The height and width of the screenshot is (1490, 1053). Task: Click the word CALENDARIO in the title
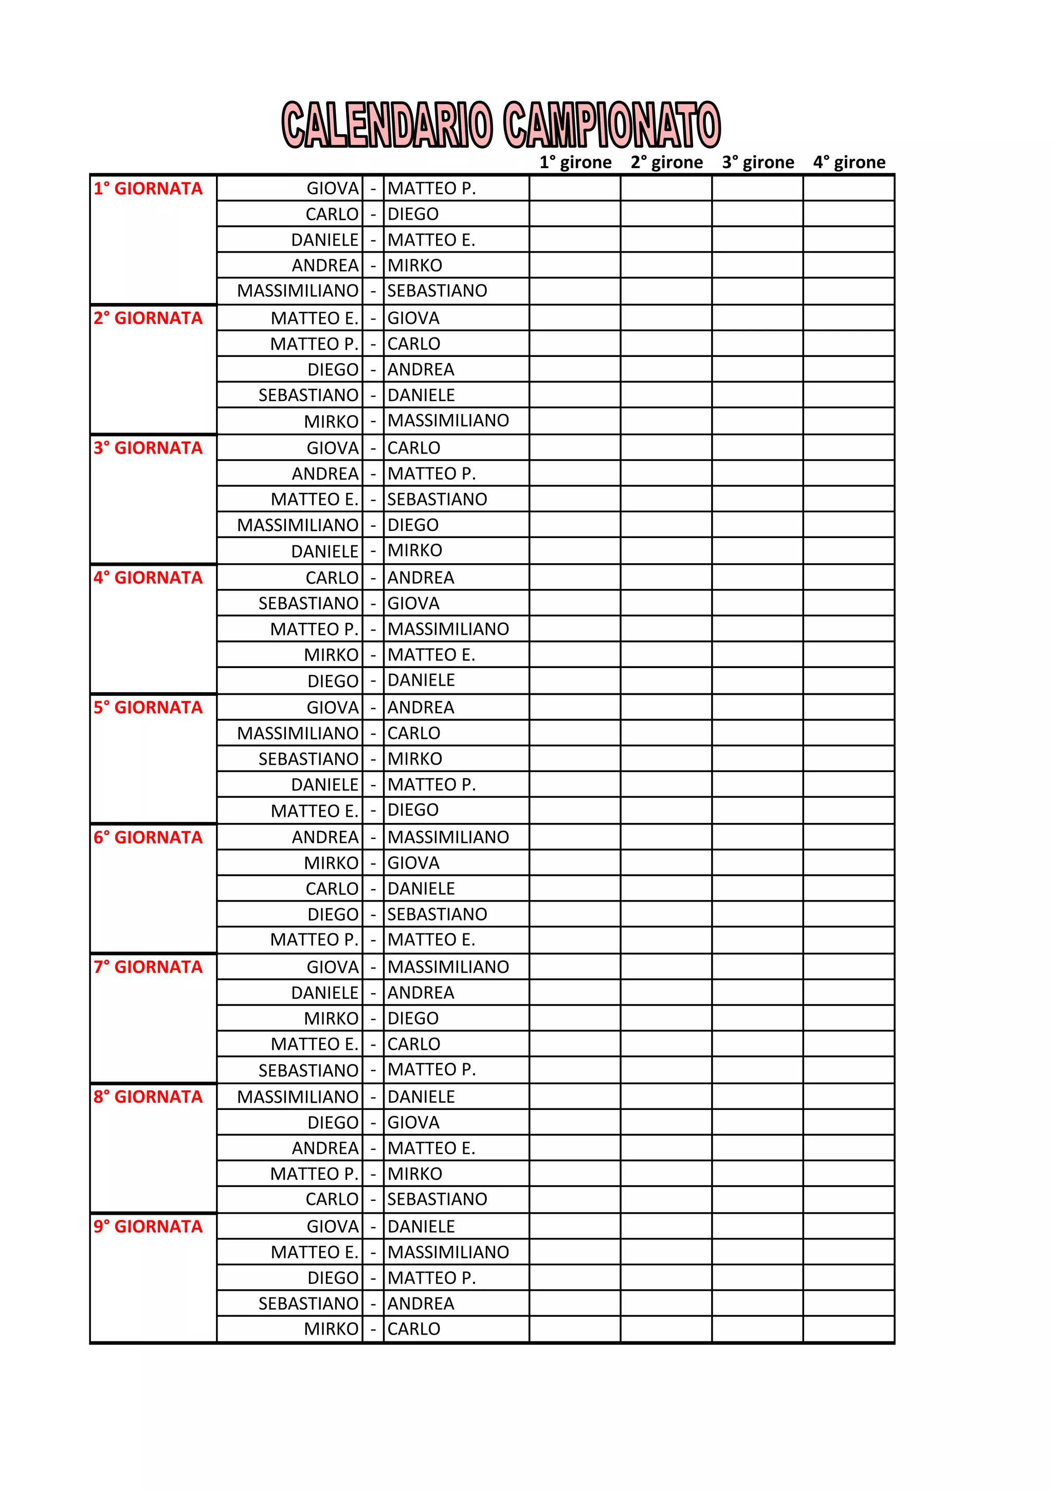(x=387, y=124)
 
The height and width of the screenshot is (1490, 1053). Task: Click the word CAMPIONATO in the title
(x=612, y=124)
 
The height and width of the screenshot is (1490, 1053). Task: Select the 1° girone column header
(x=575, y=162)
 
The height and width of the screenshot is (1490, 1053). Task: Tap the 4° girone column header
(x=849, y=162)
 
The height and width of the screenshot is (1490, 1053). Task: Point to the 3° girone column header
(x=757, y=162)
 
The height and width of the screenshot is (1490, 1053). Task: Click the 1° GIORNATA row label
(x=148, y=189)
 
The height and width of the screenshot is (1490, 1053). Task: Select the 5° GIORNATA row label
(x=148, y=707)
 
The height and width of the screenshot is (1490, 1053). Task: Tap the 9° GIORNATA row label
(x=148, y=1227)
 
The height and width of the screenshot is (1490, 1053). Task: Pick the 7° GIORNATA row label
(x=148, y=967)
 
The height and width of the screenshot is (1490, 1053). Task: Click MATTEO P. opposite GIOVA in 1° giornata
(x=431, y=189)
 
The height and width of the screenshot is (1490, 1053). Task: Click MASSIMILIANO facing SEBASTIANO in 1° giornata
(x=298, y=291)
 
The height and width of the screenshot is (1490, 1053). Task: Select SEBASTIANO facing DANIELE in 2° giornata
(x=308, y=395)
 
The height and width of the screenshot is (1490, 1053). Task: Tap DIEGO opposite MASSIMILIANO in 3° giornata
(x=413, y=525)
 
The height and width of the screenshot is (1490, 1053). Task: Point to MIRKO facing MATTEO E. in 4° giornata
(x=331, y=655)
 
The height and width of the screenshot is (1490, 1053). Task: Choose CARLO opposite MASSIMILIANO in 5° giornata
(x=413, y=733)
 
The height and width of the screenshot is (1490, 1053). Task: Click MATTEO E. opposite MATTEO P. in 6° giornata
(x=431, y=940)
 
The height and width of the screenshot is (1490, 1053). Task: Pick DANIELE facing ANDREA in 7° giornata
(x=324, y=993)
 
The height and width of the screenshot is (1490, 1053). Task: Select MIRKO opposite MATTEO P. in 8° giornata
(x=414, y=1174)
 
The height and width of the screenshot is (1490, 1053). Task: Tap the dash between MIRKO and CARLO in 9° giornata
(x=373, y=1329)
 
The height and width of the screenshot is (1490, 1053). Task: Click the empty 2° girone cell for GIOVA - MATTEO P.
(x=666, y=189)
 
